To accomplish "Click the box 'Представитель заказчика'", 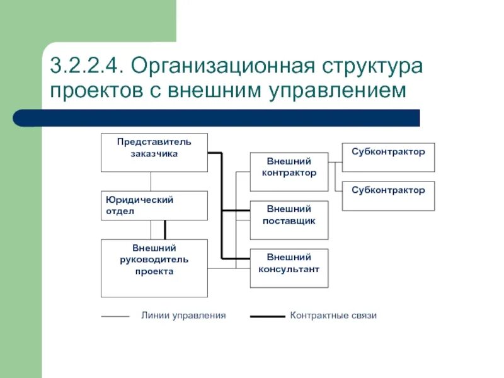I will [x=154, y=152].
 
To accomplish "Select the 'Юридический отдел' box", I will [x=154, y=205].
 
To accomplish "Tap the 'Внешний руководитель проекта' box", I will [x=154, y=268].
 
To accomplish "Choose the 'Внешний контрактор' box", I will [x=289, y=171].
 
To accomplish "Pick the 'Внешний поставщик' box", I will [x=289, y=220].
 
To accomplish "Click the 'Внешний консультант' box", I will [x=289, y=268].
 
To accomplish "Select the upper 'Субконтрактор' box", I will [x=388, y=157].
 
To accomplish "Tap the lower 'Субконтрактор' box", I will [x=388, y=195].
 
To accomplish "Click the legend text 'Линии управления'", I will [x=183, y=315].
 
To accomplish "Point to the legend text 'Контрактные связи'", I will [x=333, y=315].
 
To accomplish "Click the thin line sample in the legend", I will [x=115, y=316].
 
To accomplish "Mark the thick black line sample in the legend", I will [x=267, y=316].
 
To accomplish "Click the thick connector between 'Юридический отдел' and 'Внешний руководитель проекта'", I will [x=165, y=229].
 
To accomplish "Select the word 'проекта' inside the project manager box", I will [x=154, y=272].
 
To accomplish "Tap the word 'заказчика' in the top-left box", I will [x=154, y=153].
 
